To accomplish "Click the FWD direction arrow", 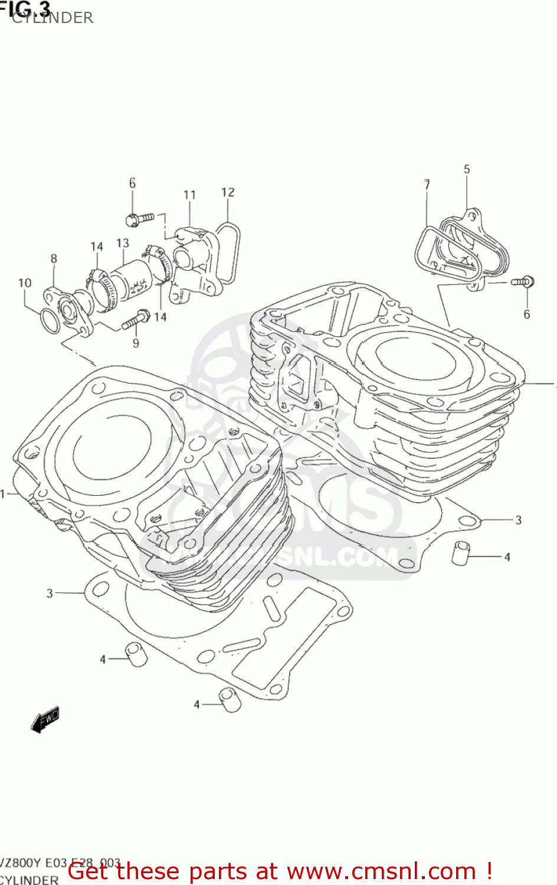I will click(x=45, y=719).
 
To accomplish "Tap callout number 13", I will click(x=122, y=243).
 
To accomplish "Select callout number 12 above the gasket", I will click(x=228, y=192).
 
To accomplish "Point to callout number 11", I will click(x=189, y=195).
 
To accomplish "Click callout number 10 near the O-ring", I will click(x=25, y=283).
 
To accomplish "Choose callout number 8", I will click(x=54, y=258).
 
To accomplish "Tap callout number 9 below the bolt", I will click(x=136, y=343).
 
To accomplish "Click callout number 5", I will click(x=467, y=169).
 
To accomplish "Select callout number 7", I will click(x=427, y=184).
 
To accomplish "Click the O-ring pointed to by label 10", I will click(x=50, y=320).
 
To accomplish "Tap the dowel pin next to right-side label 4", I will click(x=460, y=553).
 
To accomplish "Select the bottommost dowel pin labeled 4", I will click(x=229, y=699).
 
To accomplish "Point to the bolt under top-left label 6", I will click(x=139, y=219).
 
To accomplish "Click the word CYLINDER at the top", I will click(x=53, y=18).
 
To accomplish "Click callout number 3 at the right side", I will click(x=518, y=520).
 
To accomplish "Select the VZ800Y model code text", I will click(x=21, y=863).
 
